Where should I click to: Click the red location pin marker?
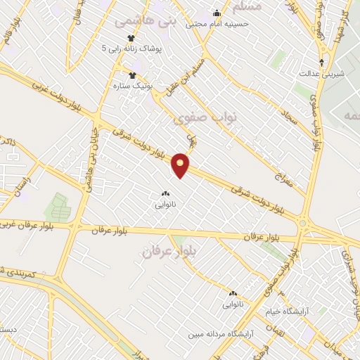(x=181, y=165)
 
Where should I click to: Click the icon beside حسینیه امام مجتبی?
(x=217, y=13)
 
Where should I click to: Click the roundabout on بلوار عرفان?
(x=303, y=224)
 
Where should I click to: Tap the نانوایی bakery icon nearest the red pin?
(x=165, y=193)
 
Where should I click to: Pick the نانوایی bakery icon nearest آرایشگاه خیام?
(x=233, y=292)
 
